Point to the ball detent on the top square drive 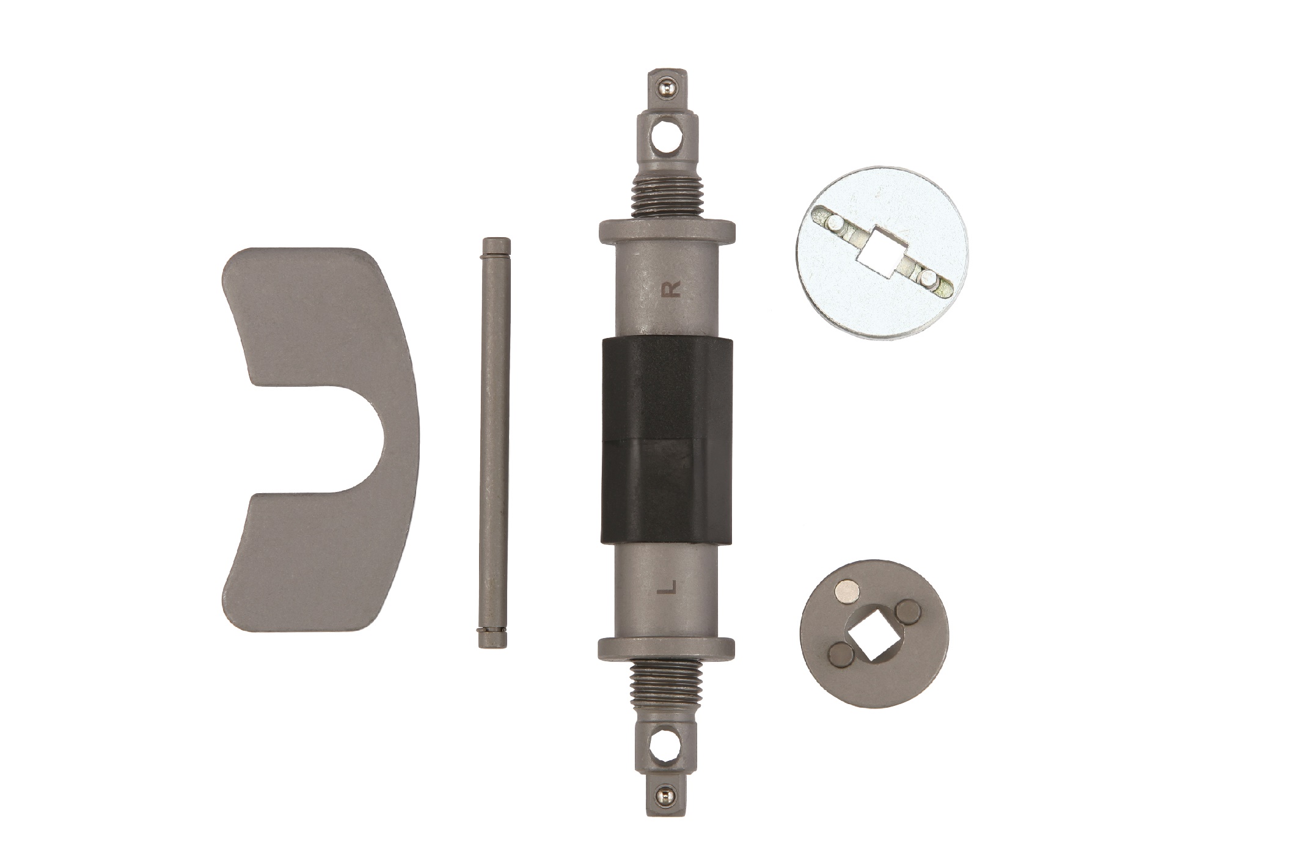pyautogui.click(x=664, y=91)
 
